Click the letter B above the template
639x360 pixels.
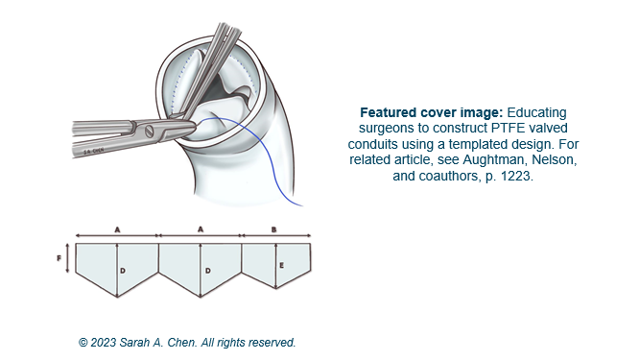coord(274,230)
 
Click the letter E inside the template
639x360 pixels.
coord(280,264)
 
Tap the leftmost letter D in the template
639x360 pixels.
coord(122,272)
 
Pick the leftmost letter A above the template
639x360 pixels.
coord(116,230)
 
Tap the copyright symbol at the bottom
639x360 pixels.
coord(84,342)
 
